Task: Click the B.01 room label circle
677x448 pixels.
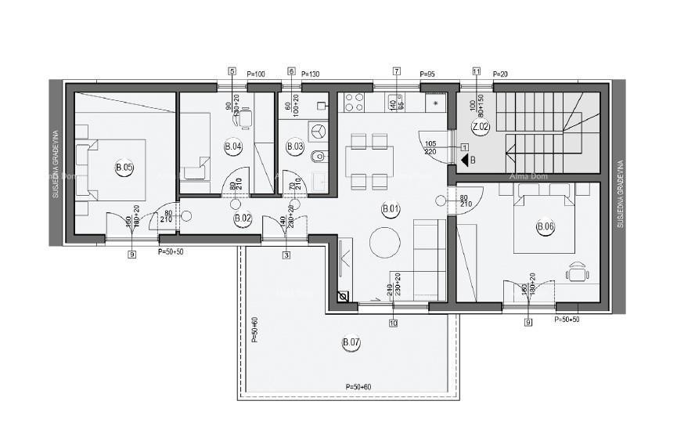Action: (x=390, y=208)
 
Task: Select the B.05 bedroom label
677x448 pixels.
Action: (x=124, y=167)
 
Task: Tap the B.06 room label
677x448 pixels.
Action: (x=545, y=227)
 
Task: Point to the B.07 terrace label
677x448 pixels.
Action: (x=351, y=342)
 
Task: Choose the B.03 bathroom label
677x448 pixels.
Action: (x=295, y=146)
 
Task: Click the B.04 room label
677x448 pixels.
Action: (x=232, y=146)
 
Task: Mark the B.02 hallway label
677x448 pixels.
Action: (x=243, y=219)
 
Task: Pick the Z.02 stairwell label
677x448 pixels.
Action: (x=480, y=126)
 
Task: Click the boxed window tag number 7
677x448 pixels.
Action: (x=397, y=71)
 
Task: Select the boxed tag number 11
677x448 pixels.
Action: (x=477, y=71)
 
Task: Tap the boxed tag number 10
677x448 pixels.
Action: (x=392, y=322)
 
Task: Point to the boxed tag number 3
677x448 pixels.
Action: (x=286, y=255)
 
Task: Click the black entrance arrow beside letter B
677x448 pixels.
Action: (x=463, y=161)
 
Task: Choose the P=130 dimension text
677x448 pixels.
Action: (x=311, y=74)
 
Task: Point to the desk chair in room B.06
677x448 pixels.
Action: (x=578, y=270)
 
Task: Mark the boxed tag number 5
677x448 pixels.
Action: (x=232, y=71)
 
